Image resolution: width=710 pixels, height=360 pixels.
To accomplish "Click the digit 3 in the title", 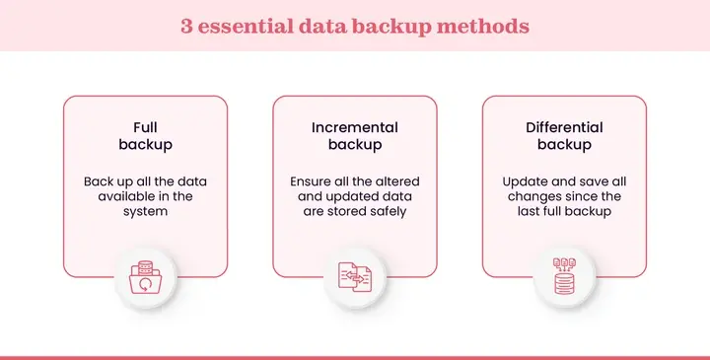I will tap(186, 26).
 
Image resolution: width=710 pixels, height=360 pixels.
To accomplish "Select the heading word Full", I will tap(146, 127).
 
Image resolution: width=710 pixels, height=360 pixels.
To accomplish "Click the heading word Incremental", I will tap(355, 127).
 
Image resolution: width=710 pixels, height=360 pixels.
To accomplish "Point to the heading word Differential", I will tap(564, 127).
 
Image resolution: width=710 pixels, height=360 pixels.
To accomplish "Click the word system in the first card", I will tap(146, 211).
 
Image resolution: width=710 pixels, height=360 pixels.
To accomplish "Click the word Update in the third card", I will tap(524, 181).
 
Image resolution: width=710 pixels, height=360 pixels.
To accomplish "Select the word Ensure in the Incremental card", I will tap(312, 181).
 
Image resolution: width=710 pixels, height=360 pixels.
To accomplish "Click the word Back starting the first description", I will tap(100, 181).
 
